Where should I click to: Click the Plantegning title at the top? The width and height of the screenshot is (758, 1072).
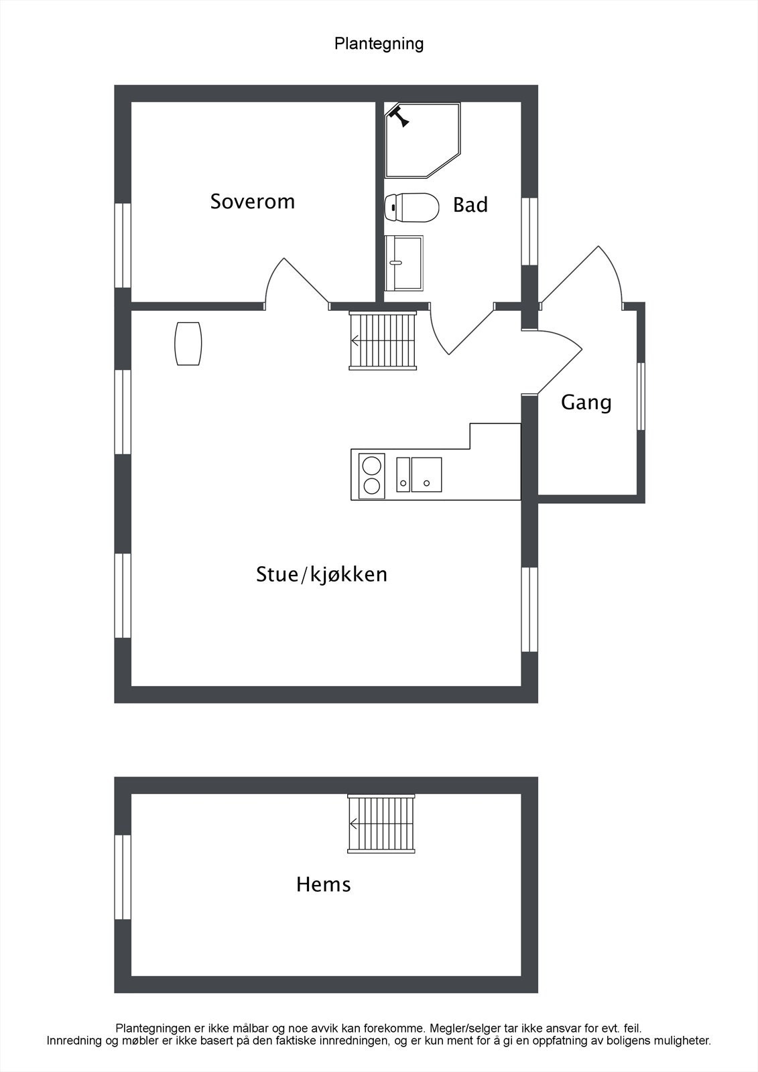[379, 44]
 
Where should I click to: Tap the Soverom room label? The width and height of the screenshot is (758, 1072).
[252, 202]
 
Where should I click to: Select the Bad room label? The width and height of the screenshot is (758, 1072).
[470, 205]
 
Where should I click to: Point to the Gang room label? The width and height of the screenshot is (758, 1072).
[586, 403]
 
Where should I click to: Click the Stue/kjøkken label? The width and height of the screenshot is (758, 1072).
[322, 575]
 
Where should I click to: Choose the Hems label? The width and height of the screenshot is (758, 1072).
[323, 884]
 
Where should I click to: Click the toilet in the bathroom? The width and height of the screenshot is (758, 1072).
[412, 207]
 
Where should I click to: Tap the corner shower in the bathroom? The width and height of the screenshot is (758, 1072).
[422, 139]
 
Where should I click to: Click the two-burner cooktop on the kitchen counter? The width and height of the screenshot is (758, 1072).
[372, 475]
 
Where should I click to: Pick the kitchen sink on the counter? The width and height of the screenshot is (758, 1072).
[426, 474]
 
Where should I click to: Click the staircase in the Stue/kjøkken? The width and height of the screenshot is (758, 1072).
[383, 340]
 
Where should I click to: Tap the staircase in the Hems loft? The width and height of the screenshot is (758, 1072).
[382, 824]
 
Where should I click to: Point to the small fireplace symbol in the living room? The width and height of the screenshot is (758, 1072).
[188, 344]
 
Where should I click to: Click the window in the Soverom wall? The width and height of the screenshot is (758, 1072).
[123, 245]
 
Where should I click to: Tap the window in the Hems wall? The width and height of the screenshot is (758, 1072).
[123, 876]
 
